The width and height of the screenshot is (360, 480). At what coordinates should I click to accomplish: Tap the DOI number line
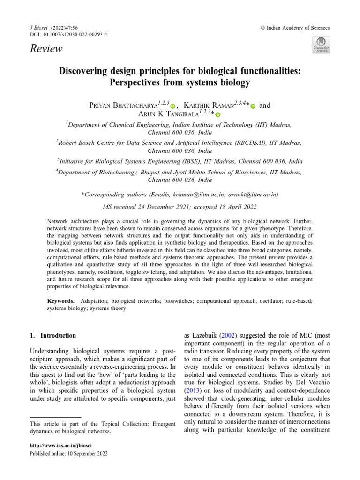point(68,35)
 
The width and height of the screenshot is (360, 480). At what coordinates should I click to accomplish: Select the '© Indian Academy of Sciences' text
point(295,28)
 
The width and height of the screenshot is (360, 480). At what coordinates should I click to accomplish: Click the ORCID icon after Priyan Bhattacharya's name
point(172,107)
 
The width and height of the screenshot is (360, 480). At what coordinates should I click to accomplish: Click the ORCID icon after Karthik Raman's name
point(253,107)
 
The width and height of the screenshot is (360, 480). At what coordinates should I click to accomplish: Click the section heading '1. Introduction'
point(52,336)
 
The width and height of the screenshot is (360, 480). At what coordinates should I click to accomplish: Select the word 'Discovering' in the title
point(82,71)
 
